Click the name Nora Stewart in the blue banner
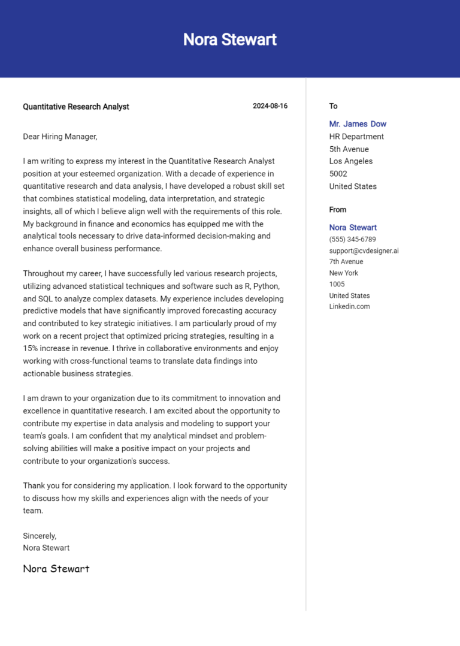(230, 40)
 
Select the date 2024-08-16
(270, 106)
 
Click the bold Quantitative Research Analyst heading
(76, 107)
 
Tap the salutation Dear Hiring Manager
(60, 137)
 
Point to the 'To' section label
(333, 106)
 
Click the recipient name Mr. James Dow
(358, 124)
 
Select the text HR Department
(356, 137)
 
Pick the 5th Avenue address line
(349, 149)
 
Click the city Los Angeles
(350, 161)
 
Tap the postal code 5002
(338, 174)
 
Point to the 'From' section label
(338, 210)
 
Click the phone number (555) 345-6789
(352, 239)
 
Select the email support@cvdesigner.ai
(364, 250)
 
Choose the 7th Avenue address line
(346, 261)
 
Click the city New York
(343, 273)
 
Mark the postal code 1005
(337, 284)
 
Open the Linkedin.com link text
(349, 306)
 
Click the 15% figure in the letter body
(31, 348)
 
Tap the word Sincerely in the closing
(40, 536)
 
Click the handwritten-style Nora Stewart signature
(56, 568)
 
